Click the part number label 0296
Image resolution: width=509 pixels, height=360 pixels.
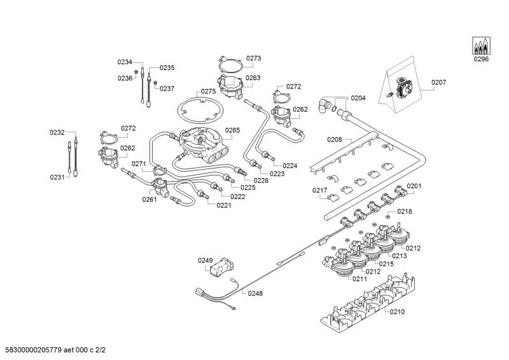click(x=481, y=59)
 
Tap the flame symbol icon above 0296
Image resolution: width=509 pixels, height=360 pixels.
click(x=481, y=46)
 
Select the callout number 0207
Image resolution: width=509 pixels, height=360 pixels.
click(x=439, y=82)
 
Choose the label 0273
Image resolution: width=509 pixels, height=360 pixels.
click(x=253, y=58)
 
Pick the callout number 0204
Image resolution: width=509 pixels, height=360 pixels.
click(x=358, y=98)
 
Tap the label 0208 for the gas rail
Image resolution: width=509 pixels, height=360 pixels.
click(x=335, y=139)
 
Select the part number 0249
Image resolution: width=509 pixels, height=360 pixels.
click(x=205, y=260)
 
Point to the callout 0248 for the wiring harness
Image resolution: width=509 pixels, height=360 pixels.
click(x=255, y=293)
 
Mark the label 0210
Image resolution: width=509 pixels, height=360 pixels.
click(x=397, y=312)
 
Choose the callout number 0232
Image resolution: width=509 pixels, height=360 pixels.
click(x=57, y=132)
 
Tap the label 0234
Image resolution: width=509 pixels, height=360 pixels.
click(x=125, y=62)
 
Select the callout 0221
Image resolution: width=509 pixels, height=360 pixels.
click(x=224, y=205)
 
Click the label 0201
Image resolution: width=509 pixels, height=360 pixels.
click(x=414, y=186)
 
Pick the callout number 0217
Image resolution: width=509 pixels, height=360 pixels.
click(x=319, y=190)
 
